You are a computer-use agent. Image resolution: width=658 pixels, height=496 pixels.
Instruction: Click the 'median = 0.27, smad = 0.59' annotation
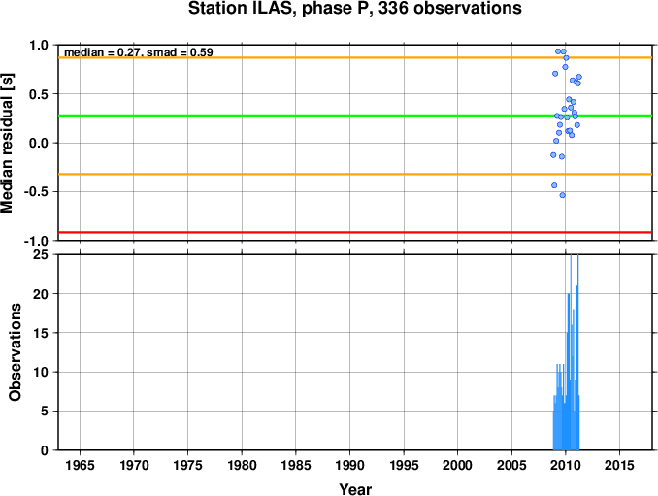tap(139, 52)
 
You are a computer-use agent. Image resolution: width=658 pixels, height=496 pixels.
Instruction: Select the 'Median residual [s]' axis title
tap(8, 143)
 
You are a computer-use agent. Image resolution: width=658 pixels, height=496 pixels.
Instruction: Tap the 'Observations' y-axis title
tap(16, 352)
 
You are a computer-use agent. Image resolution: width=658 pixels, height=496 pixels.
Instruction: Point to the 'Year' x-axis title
tap(355, 489)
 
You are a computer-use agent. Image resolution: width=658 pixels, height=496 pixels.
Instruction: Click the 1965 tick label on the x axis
tap(80, 465)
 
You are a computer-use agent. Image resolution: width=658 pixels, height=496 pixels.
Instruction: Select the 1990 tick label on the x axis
tap(350, 465)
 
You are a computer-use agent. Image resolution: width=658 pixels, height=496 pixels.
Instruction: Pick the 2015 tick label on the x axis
tap(620, 465)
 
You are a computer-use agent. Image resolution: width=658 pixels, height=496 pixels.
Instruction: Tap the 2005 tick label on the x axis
tap(511, 465)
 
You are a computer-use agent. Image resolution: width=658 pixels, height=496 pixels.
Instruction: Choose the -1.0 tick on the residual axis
tap(36, 242)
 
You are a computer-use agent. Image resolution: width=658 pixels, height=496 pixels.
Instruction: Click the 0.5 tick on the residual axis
tap(39, 94)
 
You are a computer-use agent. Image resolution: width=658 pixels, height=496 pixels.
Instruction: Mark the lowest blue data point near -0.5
tap(563, 195)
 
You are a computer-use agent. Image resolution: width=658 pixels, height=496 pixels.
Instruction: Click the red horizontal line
tap(355, 232)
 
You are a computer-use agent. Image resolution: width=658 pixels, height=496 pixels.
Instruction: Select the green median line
tap(355, 116)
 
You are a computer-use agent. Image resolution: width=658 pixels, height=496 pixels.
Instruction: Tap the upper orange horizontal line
tap(355, 57)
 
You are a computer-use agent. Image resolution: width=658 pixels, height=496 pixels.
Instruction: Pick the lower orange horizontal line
tap(355, 174)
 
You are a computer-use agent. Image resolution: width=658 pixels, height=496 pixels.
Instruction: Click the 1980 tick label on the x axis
tap(242, 465)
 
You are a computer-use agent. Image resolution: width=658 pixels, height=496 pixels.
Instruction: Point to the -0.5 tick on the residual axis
tap(37, 192)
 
